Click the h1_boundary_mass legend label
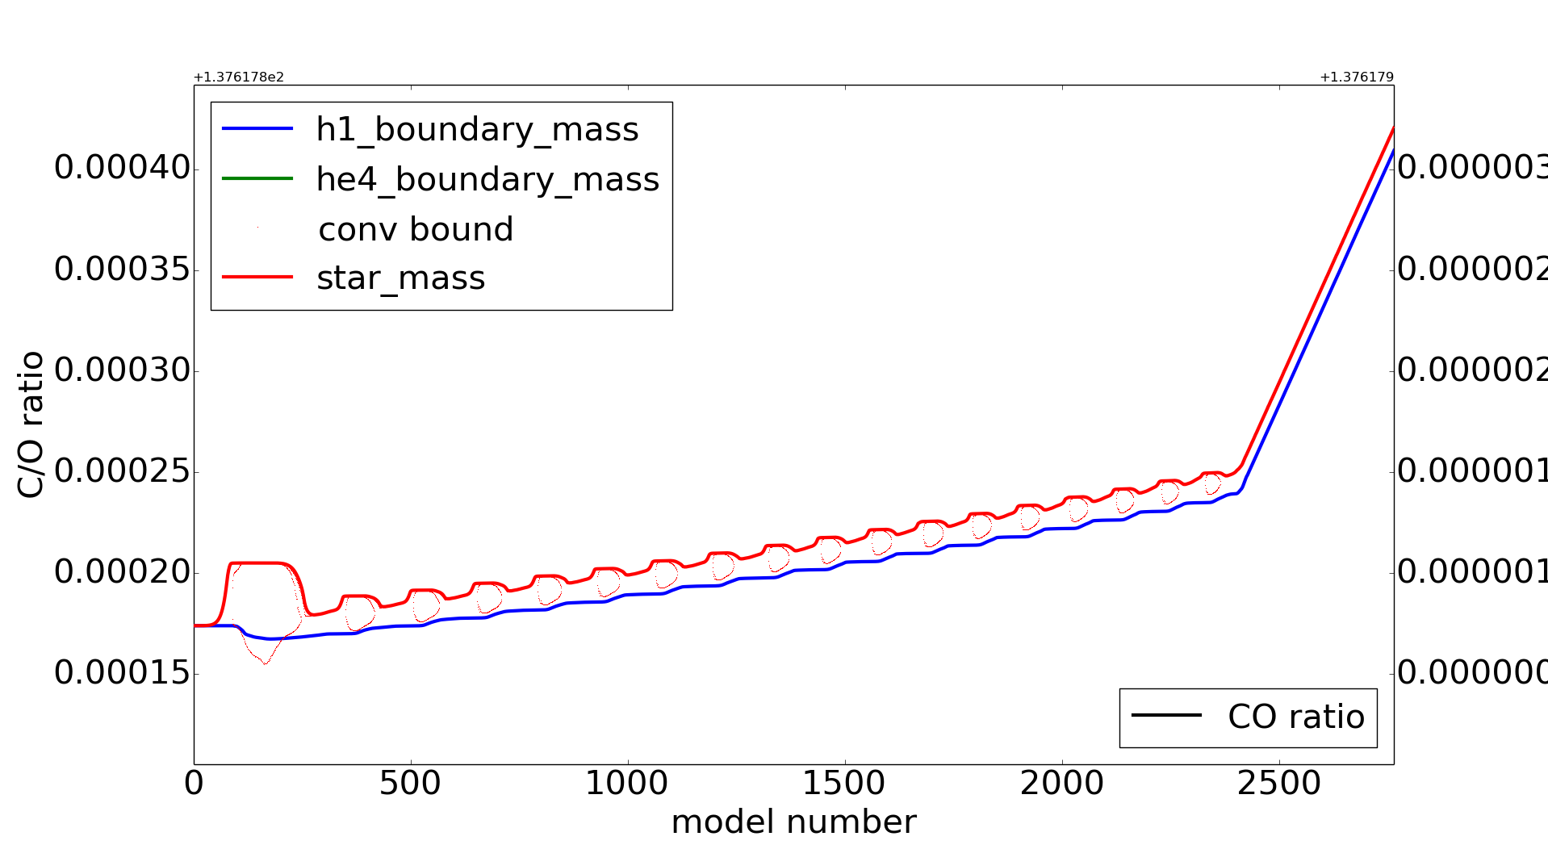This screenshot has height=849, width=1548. click(x=477, y=130)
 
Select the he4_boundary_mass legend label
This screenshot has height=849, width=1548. click(x=487, y=179)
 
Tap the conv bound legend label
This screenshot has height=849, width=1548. click(x=416, y=230)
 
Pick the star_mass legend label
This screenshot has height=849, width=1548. click(x=400, y=278)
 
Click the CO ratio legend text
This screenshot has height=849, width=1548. click(x=1295, y=717)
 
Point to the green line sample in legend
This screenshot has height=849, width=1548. click(x=257, y=178)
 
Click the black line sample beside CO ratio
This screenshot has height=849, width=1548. click(x=1166, y=715)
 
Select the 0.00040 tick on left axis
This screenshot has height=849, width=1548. click(x=122, y=168)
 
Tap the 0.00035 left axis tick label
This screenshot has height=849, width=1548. click(x=122, y=269)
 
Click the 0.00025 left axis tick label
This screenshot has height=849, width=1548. click(x=122, y=471)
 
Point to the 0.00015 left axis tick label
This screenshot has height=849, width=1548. click(x=122, y=673)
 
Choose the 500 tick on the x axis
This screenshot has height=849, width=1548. click(x=410, y=784)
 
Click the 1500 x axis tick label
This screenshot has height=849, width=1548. click(x=844, y=784)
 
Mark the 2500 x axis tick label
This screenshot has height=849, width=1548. click(x=1278, y=784)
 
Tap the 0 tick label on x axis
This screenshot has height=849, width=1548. click(x=194, y=784)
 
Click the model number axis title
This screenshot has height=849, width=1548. click(x=793, y=822)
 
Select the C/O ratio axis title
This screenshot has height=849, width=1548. click(x=31, y=424)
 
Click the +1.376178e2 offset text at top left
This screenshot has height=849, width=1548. click(x=239, y=77)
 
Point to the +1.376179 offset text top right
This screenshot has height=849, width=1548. click(x=1356, y=77)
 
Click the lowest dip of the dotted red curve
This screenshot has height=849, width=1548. click(x=265, y=663)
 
